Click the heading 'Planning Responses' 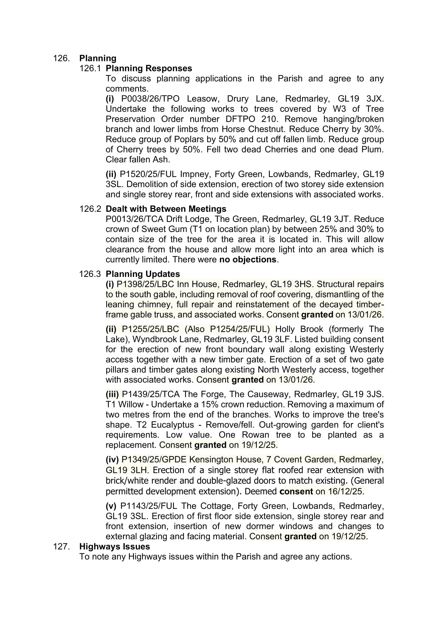[x=149, y=68]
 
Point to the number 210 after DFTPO [x=270, y=119]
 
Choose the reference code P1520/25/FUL [x=148, y=174]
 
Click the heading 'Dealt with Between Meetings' [x=166, y=209]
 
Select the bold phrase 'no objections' [x=248, y=259]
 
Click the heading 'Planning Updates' [x=143, y=274]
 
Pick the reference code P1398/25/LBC [x=145, y=284]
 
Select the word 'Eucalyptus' [x=173, y=425]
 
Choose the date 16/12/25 [x=345, y=491]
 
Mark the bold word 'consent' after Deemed [x=296, y=491]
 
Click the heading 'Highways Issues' [x=115, y=546]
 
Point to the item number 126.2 [x=90, y=209]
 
